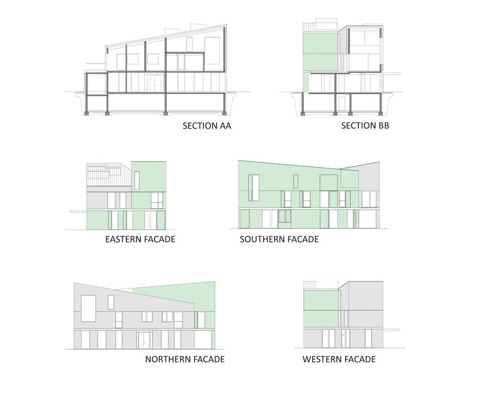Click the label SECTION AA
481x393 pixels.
pos(207,126)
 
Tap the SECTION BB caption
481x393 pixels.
pos(365,126)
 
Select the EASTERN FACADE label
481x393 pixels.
pos(140,239)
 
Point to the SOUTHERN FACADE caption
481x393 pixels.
pos(279,239)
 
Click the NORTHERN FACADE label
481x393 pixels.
pos(185,359)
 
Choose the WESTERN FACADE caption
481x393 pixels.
pos(339,359)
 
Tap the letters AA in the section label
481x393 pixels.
pos(224,126)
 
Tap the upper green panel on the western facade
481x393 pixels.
pos(319,300)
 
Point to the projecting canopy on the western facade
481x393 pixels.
pos(392,328)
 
